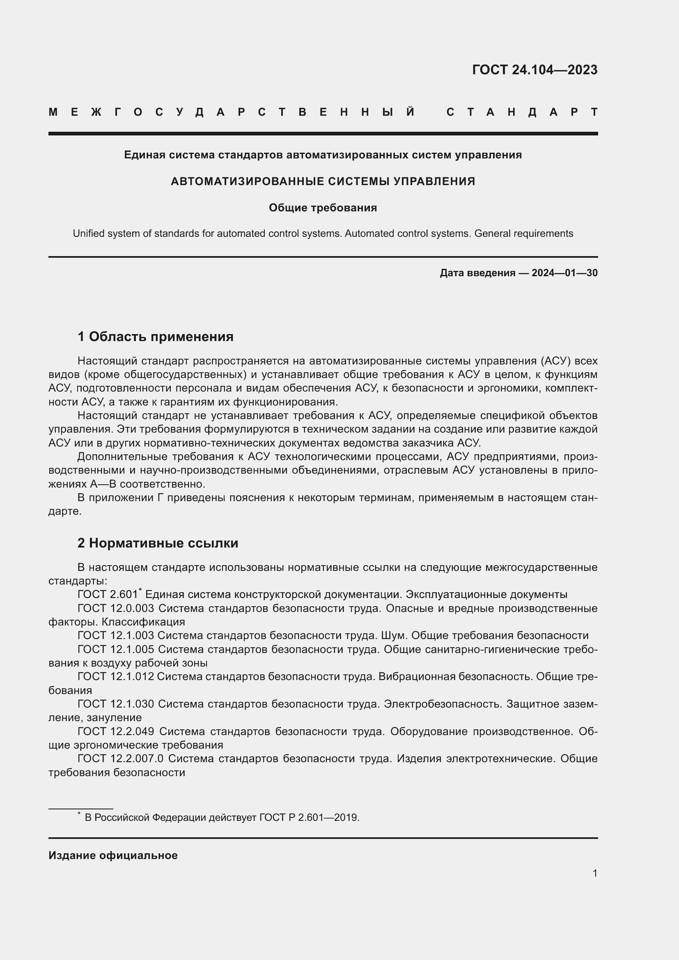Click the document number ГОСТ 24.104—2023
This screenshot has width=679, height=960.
tap(534, 70)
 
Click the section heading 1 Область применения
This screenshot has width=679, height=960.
tap(155, 337)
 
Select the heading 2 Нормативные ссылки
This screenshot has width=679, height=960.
tap(158, 543)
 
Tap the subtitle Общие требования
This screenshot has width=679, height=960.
tap(322, 208)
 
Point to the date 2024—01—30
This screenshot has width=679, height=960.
tap(564, 273)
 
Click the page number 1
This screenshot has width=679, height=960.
tap(594, 873)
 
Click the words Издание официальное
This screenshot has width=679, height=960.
tap(113, 855)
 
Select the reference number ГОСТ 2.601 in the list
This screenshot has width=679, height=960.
tap(108, 595)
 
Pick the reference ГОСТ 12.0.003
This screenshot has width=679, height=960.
tap(115, 608)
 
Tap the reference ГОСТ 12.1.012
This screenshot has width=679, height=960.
tap(115, 676)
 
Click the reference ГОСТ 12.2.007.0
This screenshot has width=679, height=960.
tap(120, 758)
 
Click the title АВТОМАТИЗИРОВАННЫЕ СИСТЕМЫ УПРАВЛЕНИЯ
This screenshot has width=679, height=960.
tap(322, 181)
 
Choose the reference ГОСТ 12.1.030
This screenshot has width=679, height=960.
tap(115, 704)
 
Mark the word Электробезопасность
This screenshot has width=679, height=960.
tap(443, 704)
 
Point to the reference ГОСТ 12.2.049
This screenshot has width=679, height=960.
tap(115, 731)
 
